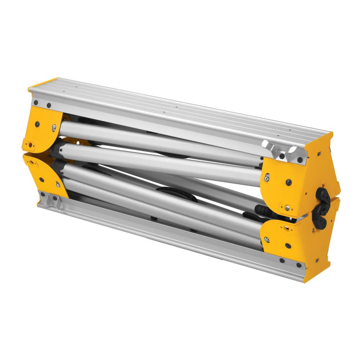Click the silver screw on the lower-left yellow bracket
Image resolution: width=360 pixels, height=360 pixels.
pyautogui.click(x=58, y=185)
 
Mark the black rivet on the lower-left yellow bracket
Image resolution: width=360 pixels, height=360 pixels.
pyautogui.click(x=42, y=179)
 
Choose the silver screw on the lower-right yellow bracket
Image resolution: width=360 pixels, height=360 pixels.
pyautogui.click(x=267, y=239)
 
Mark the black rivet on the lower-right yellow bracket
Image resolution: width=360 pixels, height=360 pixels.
pyautogui.click(x=288, y=246)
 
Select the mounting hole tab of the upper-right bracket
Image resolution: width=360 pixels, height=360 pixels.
pyautogui.click(x=287, y=207)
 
